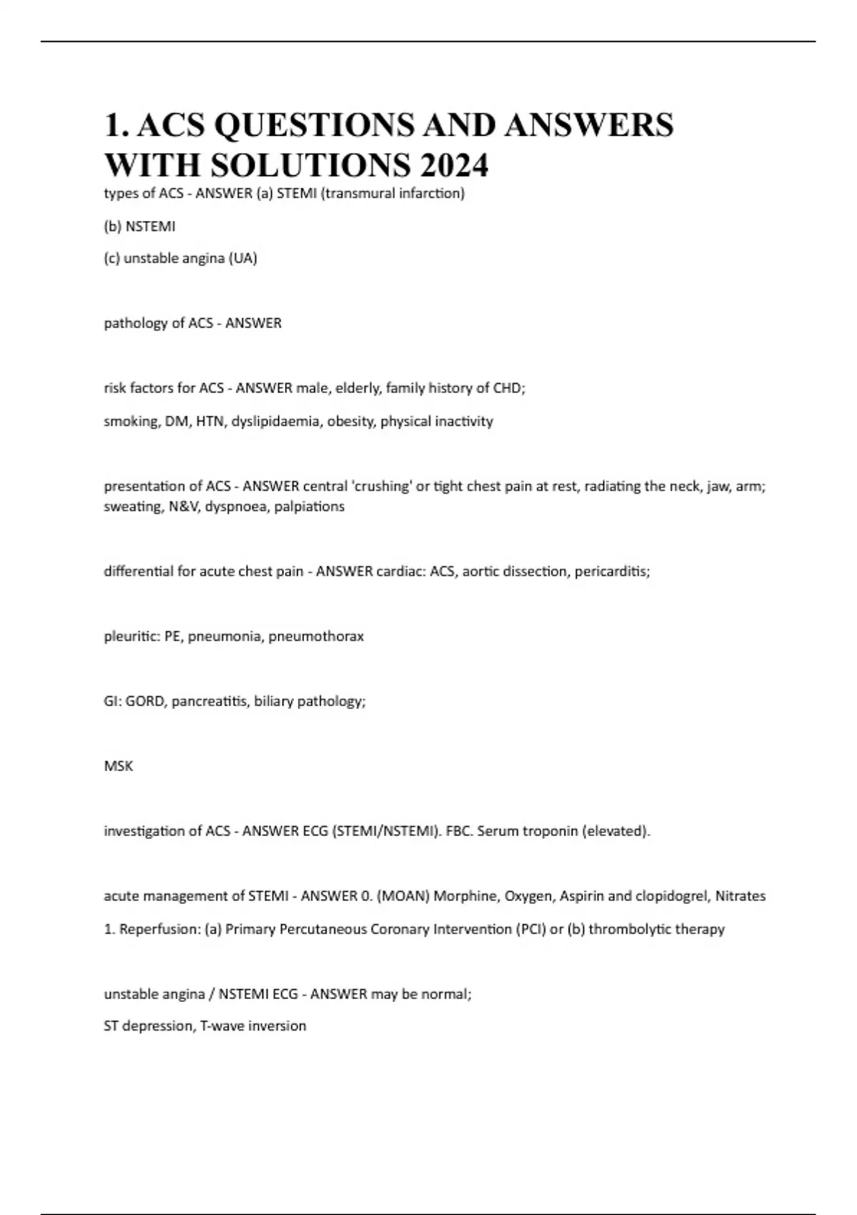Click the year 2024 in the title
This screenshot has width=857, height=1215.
[454, 165]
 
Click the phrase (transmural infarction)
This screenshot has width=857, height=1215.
[394, 193]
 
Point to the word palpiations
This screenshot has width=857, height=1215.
[309, 506]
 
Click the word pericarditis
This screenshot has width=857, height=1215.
[612, 571]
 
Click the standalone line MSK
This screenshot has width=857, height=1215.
[119, 766]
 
